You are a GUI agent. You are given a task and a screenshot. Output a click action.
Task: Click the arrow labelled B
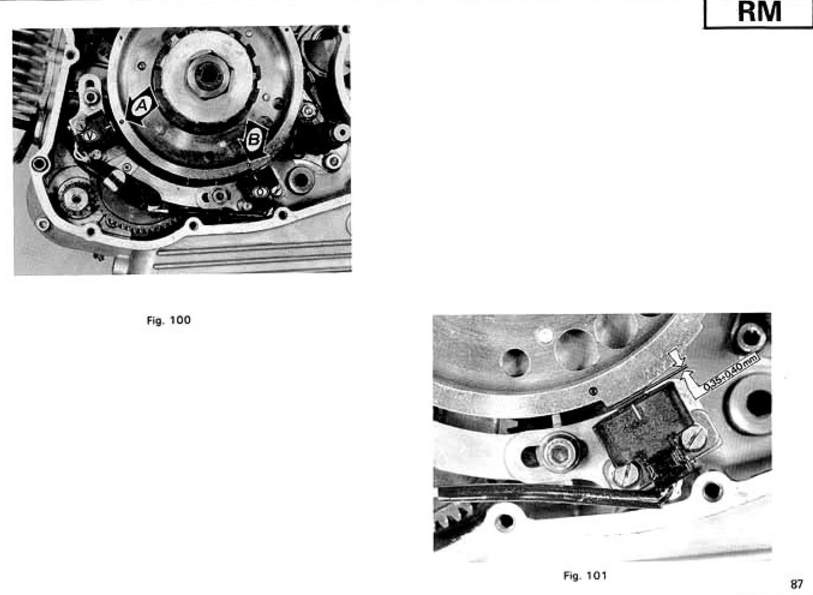[x=256, y=140]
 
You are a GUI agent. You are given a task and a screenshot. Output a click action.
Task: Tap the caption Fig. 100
[x=168, y=320]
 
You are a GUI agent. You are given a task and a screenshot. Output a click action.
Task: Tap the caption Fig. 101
[x=585, y=575]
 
